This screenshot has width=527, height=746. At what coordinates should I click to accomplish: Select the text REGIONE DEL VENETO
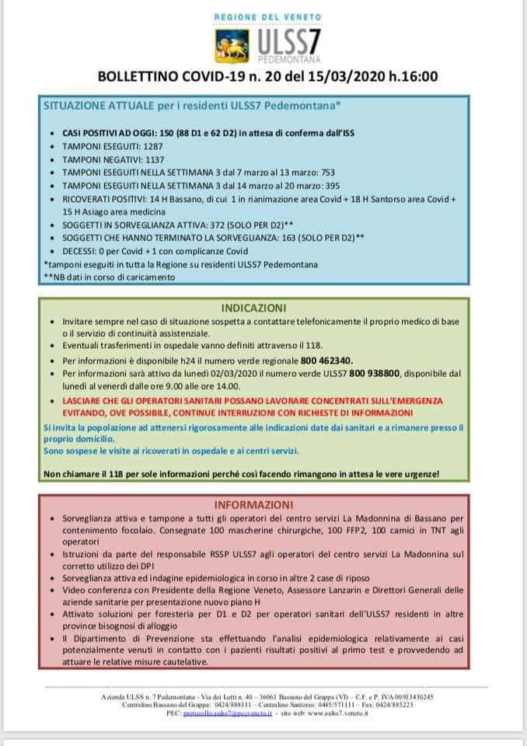(x=268, y=16)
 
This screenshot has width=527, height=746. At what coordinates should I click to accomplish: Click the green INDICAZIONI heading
(x=263, y=307)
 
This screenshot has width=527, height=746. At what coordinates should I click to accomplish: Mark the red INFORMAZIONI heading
(x=263, y=504)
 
